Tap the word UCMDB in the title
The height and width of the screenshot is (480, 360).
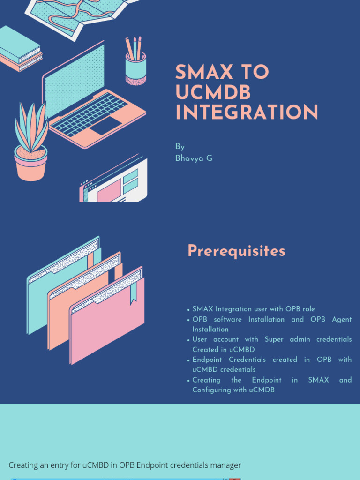pos(213,93)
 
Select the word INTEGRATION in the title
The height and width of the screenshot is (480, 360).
pos(247,113)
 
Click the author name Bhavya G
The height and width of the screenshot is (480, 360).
pos(194,158)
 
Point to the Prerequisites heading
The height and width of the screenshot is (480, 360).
pos(236,251)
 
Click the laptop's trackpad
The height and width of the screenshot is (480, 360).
pos(105,126)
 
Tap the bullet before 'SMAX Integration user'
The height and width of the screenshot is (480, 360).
pos(188,310)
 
